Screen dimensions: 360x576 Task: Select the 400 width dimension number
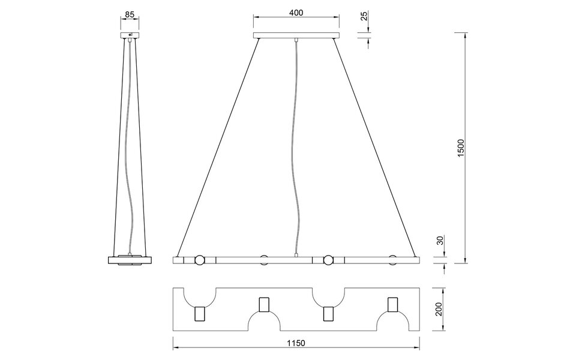[x=295, y=13]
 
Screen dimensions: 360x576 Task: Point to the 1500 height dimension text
[x=461, y=148]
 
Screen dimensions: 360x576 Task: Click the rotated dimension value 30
[x=440, y=241]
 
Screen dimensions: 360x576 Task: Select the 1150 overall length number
[x=296, y=344]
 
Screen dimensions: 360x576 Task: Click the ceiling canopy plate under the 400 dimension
[x=295, y=37]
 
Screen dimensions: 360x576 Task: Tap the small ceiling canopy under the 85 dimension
[x=130, y=37]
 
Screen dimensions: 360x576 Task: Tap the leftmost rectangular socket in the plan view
[x=200, y=314]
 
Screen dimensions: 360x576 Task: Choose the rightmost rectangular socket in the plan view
[x=393, y=305]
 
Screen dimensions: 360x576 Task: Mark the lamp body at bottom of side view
[x=130, y=260]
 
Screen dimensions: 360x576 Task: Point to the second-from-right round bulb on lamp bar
[x=328, y=260]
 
